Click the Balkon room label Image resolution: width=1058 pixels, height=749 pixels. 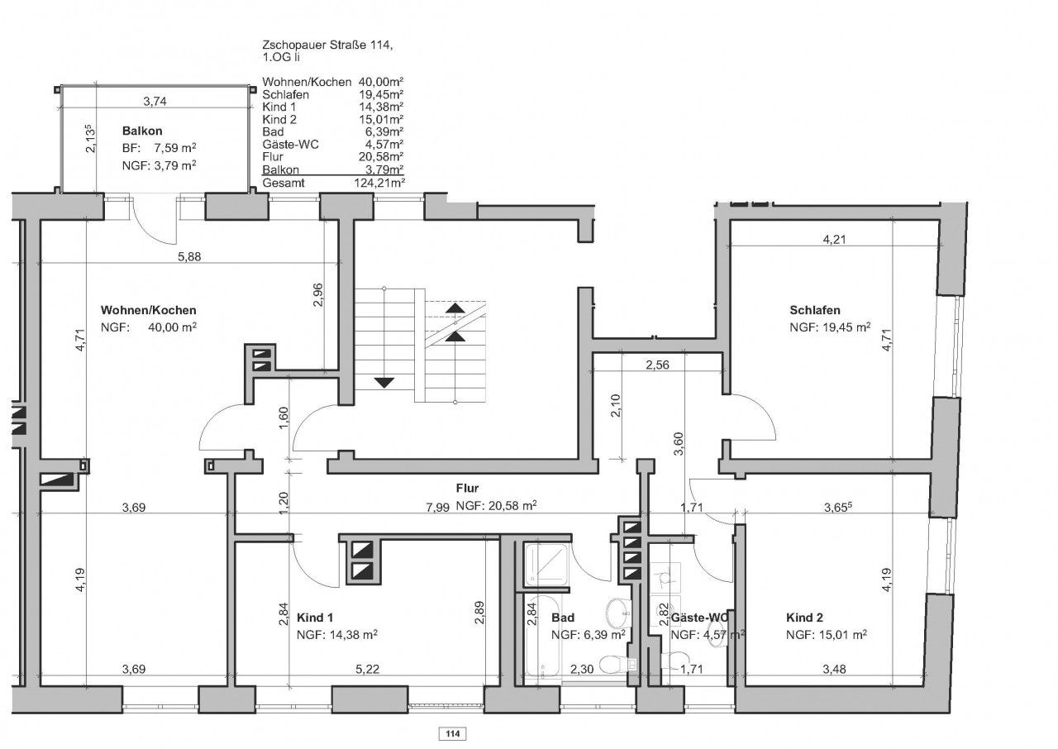(x=141, y=131)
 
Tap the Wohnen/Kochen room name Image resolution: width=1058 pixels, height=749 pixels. (x=148, y=310)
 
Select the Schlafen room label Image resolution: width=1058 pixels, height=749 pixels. (x=815, y=310)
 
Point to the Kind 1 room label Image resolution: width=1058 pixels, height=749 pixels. (x=315, y=618)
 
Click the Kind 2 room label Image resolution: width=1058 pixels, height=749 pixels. (x=804, y=618)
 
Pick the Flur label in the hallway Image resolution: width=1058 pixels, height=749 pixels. (x=467, y=488)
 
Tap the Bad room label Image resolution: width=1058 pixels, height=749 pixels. (x=563, y=618)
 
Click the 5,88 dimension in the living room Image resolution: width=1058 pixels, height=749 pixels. (x=189, y=256)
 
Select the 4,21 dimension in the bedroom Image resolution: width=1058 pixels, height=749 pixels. (x=834, y=240)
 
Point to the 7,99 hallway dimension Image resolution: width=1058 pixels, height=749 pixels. (x=437, y=508)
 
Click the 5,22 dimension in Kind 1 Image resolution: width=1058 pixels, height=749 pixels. (x=367, y=669)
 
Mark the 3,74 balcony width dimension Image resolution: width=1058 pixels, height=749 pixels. (x=155, y=101)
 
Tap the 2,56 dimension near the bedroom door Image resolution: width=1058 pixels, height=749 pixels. (x=657, y=365)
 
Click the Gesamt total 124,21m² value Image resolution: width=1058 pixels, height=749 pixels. (x=379, y=184)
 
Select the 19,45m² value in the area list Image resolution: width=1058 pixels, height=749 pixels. (x=381, y=94)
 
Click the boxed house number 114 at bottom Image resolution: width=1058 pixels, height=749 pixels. (x=452, y=733)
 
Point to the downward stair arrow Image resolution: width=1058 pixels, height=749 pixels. (x=384, y=383)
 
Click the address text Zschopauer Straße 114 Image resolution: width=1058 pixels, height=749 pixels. (x=327, y=45)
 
